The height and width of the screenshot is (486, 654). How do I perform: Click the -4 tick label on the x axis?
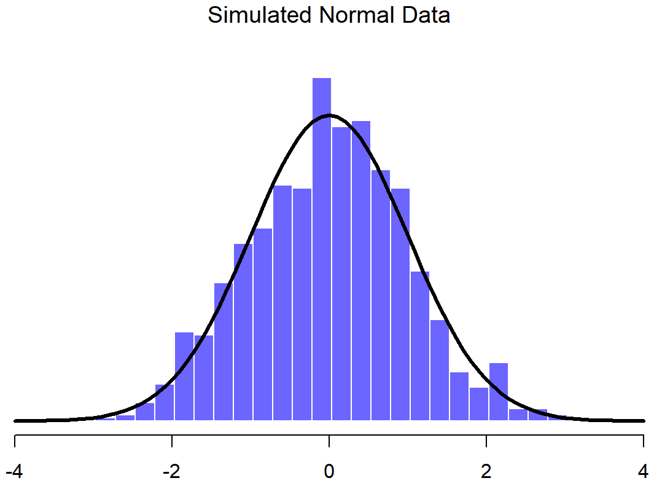pos(14,471)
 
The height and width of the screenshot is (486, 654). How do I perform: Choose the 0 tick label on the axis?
pos(329,471)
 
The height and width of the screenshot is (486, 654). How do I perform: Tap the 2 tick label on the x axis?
pos(486,471)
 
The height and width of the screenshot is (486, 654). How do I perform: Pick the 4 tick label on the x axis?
pos(644,471)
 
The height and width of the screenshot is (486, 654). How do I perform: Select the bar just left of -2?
pos(165,403)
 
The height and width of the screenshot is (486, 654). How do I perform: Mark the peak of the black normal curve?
pos(329,115)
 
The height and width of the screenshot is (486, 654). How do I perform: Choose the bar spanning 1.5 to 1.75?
pos(459,396)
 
